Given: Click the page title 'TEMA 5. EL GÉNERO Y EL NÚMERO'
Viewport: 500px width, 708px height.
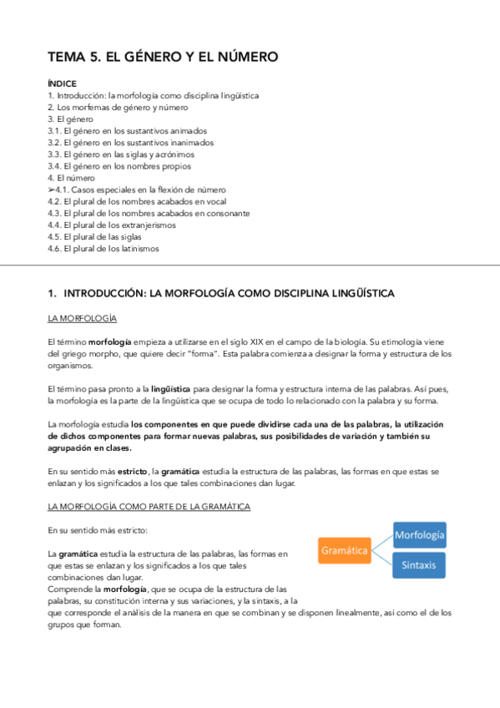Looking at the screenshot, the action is [x=162, y=57].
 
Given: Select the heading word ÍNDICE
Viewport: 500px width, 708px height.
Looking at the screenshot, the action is [x=63, y=83].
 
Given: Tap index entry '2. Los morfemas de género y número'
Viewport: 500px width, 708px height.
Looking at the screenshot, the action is [x=118, y=108].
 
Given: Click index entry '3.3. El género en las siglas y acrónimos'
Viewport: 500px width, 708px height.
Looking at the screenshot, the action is [x=121, y=154].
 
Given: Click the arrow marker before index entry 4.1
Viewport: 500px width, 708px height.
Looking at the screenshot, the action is [x=53, y=190].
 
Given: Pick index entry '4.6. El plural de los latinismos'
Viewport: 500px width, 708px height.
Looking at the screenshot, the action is [x=104, y=248].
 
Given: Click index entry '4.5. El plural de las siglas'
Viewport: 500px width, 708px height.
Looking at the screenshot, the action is [x=99, y=236].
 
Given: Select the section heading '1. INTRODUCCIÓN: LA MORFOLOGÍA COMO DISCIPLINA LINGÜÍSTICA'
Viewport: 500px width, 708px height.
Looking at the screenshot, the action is [x=221, y=293].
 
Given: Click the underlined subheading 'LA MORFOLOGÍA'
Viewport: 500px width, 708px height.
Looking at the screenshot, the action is [x=83, y=318].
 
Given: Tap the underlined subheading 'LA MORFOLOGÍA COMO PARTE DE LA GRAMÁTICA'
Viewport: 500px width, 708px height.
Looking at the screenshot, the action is [x=149, y=506].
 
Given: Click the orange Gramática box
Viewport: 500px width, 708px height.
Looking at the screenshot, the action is [x=344, y=551].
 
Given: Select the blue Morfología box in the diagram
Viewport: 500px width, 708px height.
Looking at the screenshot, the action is [x=419, y=534].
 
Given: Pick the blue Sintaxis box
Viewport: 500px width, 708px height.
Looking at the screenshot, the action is [x=419, y=565].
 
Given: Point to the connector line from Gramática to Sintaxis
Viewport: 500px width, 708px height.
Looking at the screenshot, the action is [x=382, y=559].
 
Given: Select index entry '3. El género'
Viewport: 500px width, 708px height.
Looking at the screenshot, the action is [x=70, y=119].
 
